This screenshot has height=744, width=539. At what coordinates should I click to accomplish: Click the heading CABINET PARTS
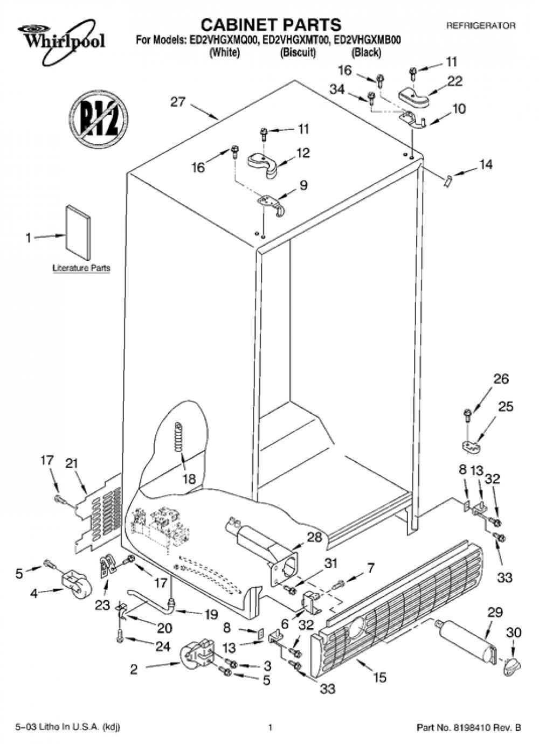[x=271, y=25]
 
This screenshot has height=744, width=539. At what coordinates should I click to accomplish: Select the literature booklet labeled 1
[x=78, y=232]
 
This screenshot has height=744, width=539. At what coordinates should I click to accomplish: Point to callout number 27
[x=178, y=102]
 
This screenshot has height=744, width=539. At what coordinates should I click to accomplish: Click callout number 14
[x=486, y=164]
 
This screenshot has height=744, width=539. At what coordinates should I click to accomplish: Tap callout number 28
[x=315, y=537]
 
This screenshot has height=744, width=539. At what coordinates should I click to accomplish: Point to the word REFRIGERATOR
[x=481, y=26]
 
